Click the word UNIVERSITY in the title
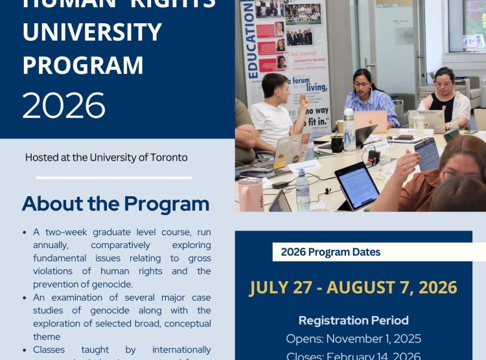92,32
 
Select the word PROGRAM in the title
83,65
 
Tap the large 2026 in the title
64,104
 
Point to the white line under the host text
113,177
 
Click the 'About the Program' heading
115,204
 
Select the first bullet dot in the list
25,232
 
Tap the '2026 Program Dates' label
330,252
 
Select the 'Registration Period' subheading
353,320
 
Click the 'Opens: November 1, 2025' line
353,339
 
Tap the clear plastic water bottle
302,190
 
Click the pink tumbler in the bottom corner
250,195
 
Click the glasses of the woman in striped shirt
363,84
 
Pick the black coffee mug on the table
337,143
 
